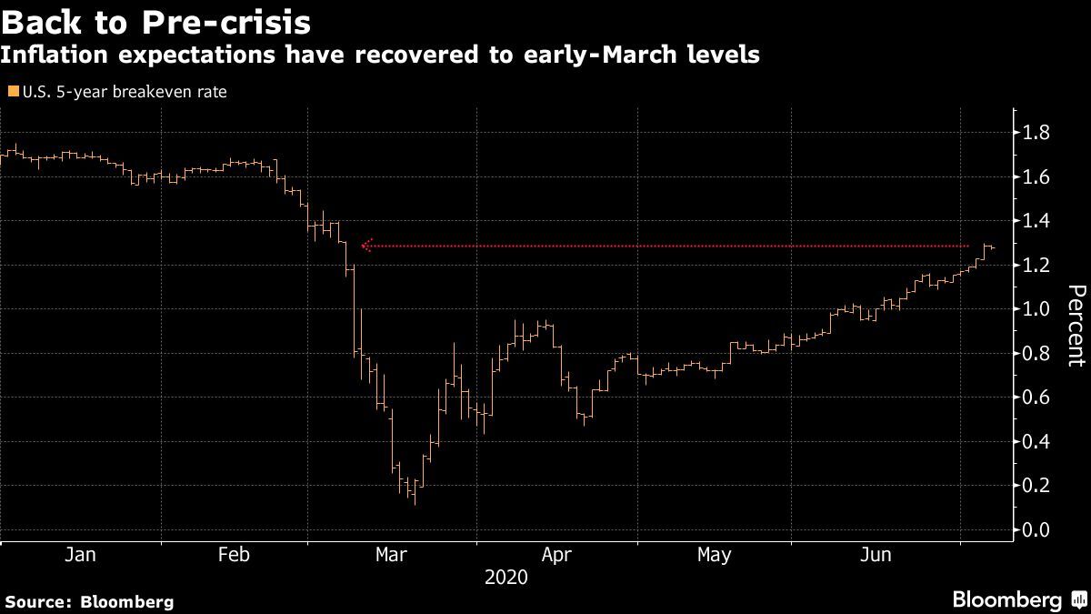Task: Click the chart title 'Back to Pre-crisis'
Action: coord(156,21)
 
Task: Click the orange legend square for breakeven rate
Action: coord(12,92)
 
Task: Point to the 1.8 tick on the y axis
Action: coord(1036,133)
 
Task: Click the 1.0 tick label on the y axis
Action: coord(1036,309)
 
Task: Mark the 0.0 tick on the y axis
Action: coord(1036,529)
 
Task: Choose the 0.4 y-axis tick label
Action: coord(1036,441)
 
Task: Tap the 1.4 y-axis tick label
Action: coord(1036,221)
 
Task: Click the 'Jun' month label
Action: coord(874,555)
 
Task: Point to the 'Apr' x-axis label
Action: coord(556,555)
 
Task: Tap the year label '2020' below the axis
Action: coord(506,577)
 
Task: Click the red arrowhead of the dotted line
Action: coord(365,246)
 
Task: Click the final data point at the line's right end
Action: coord(993,248)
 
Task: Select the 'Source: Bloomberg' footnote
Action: coord(89,601)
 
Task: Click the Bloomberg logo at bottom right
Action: coord(1017,599)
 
